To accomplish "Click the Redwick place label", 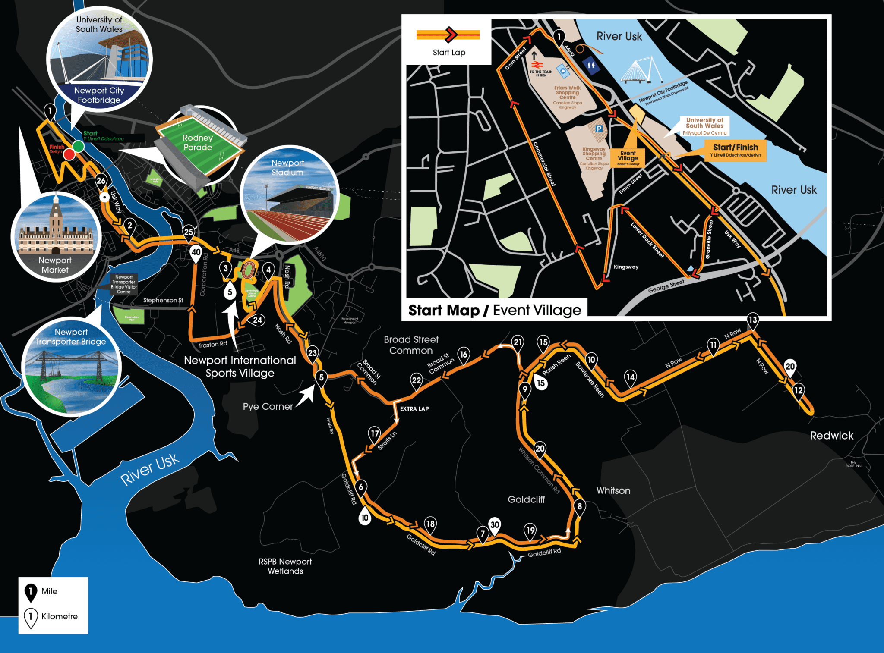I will coord(831,436).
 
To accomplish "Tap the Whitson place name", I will coord(613,490).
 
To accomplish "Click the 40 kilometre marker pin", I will coord(196,253).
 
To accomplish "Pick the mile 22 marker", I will coord(416,380).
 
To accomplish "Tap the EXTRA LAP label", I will coord(414,409).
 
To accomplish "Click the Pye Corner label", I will coord(268,406).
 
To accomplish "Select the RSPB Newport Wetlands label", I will coord(285,566).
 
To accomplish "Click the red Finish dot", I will coord(69,154).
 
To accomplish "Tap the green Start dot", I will coord(79,146).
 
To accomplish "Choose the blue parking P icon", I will coord(599,129).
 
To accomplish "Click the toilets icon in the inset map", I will coord(591,66).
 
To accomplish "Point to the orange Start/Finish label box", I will coord(735,150).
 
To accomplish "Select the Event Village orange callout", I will coord(628,157).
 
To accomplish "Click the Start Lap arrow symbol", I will coord(449,35).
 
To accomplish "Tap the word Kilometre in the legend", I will coord(59,616).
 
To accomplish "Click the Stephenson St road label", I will coord(163,300).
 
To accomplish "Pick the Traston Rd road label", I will coord(212,345).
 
